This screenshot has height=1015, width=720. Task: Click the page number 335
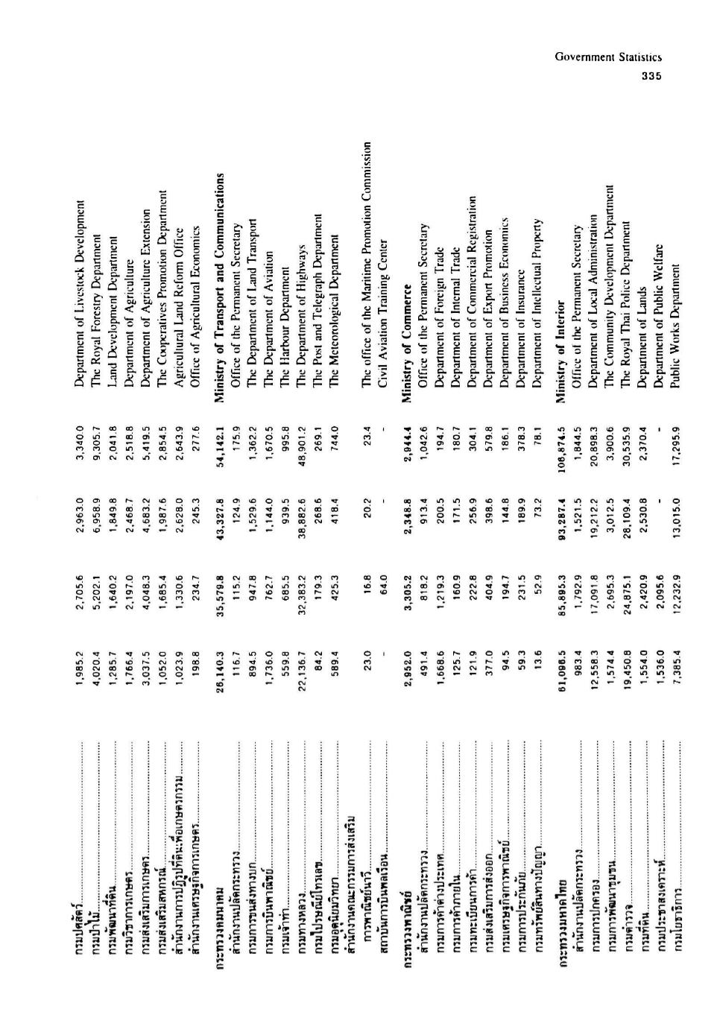[652, 75]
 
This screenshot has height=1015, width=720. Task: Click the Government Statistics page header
[608, 57]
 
